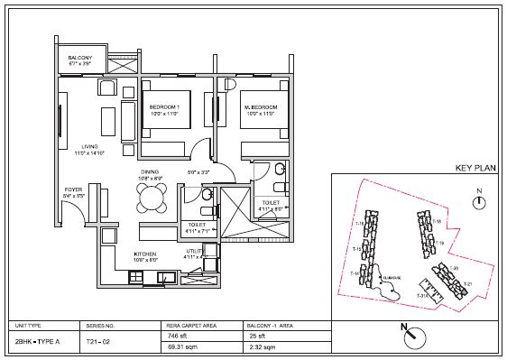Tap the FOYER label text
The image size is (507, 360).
click(x=73, y=190)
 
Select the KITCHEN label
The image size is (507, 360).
click(x=147, y=255)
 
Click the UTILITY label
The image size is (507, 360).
click(x=195, y=252)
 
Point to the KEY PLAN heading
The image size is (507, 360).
click(x=476, y=169)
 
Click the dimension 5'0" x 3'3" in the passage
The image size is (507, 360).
click(x=198, y=171)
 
